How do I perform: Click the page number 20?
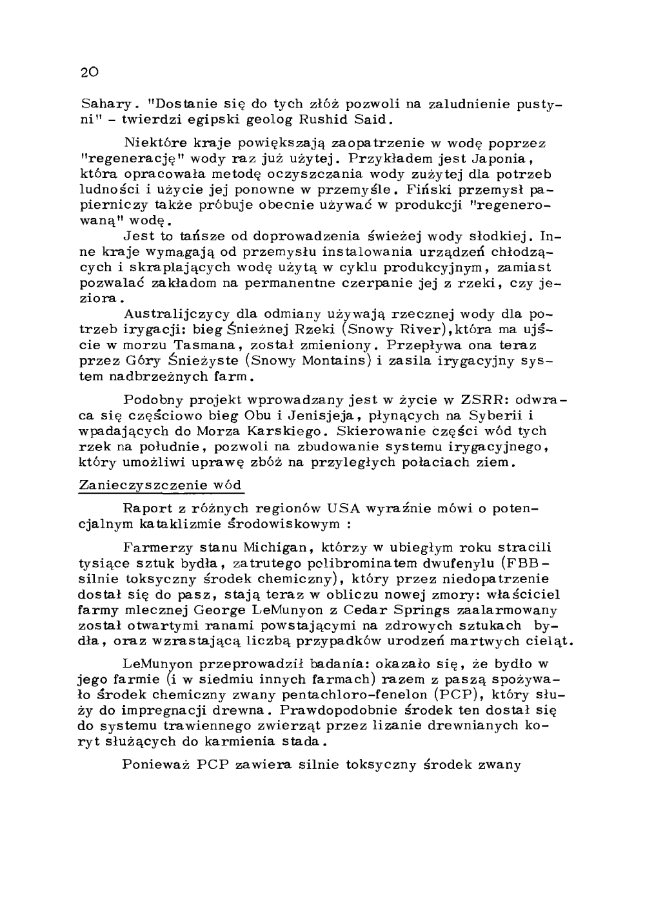88,71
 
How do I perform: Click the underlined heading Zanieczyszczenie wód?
161,485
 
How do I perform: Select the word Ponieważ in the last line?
155,766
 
